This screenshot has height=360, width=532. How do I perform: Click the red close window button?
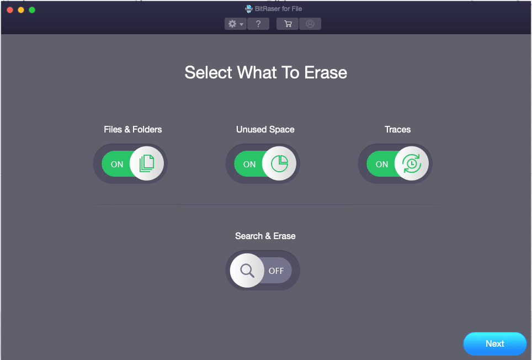coord(10,10)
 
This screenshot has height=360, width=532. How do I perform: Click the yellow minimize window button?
coord(21,10)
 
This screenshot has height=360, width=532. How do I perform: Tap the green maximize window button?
coord(32,10)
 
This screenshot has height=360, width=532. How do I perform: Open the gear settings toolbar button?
coord(236,24)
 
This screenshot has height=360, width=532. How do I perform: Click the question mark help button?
coord(258,24)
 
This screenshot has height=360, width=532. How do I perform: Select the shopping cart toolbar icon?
coord(288,24)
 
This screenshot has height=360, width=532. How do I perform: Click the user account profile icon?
coord(310,24)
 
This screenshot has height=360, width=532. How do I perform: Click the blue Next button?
coord(494,344)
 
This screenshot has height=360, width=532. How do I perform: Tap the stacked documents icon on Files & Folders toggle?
coord(147,163)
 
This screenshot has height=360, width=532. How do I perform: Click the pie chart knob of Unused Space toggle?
coord(279,163)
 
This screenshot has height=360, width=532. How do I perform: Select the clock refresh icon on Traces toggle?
coord(412,163)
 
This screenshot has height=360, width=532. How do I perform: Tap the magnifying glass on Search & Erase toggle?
coord(247,271)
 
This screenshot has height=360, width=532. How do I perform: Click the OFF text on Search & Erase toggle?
coord(276,271)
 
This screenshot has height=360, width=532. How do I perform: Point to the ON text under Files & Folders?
coord(117,164)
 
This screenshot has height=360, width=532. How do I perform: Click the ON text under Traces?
coord(382,164)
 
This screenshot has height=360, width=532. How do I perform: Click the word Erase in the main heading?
coord(326,73)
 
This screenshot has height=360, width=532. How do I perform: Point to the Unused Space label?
coord(265,130)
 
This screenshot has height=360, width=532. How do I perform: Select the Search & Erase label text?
coord(265,236)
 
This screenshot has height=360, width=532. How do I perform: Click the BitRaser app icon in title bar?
coord(249,9)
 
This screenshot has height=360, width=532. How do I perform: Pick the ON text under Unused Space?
coord(249,164)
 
